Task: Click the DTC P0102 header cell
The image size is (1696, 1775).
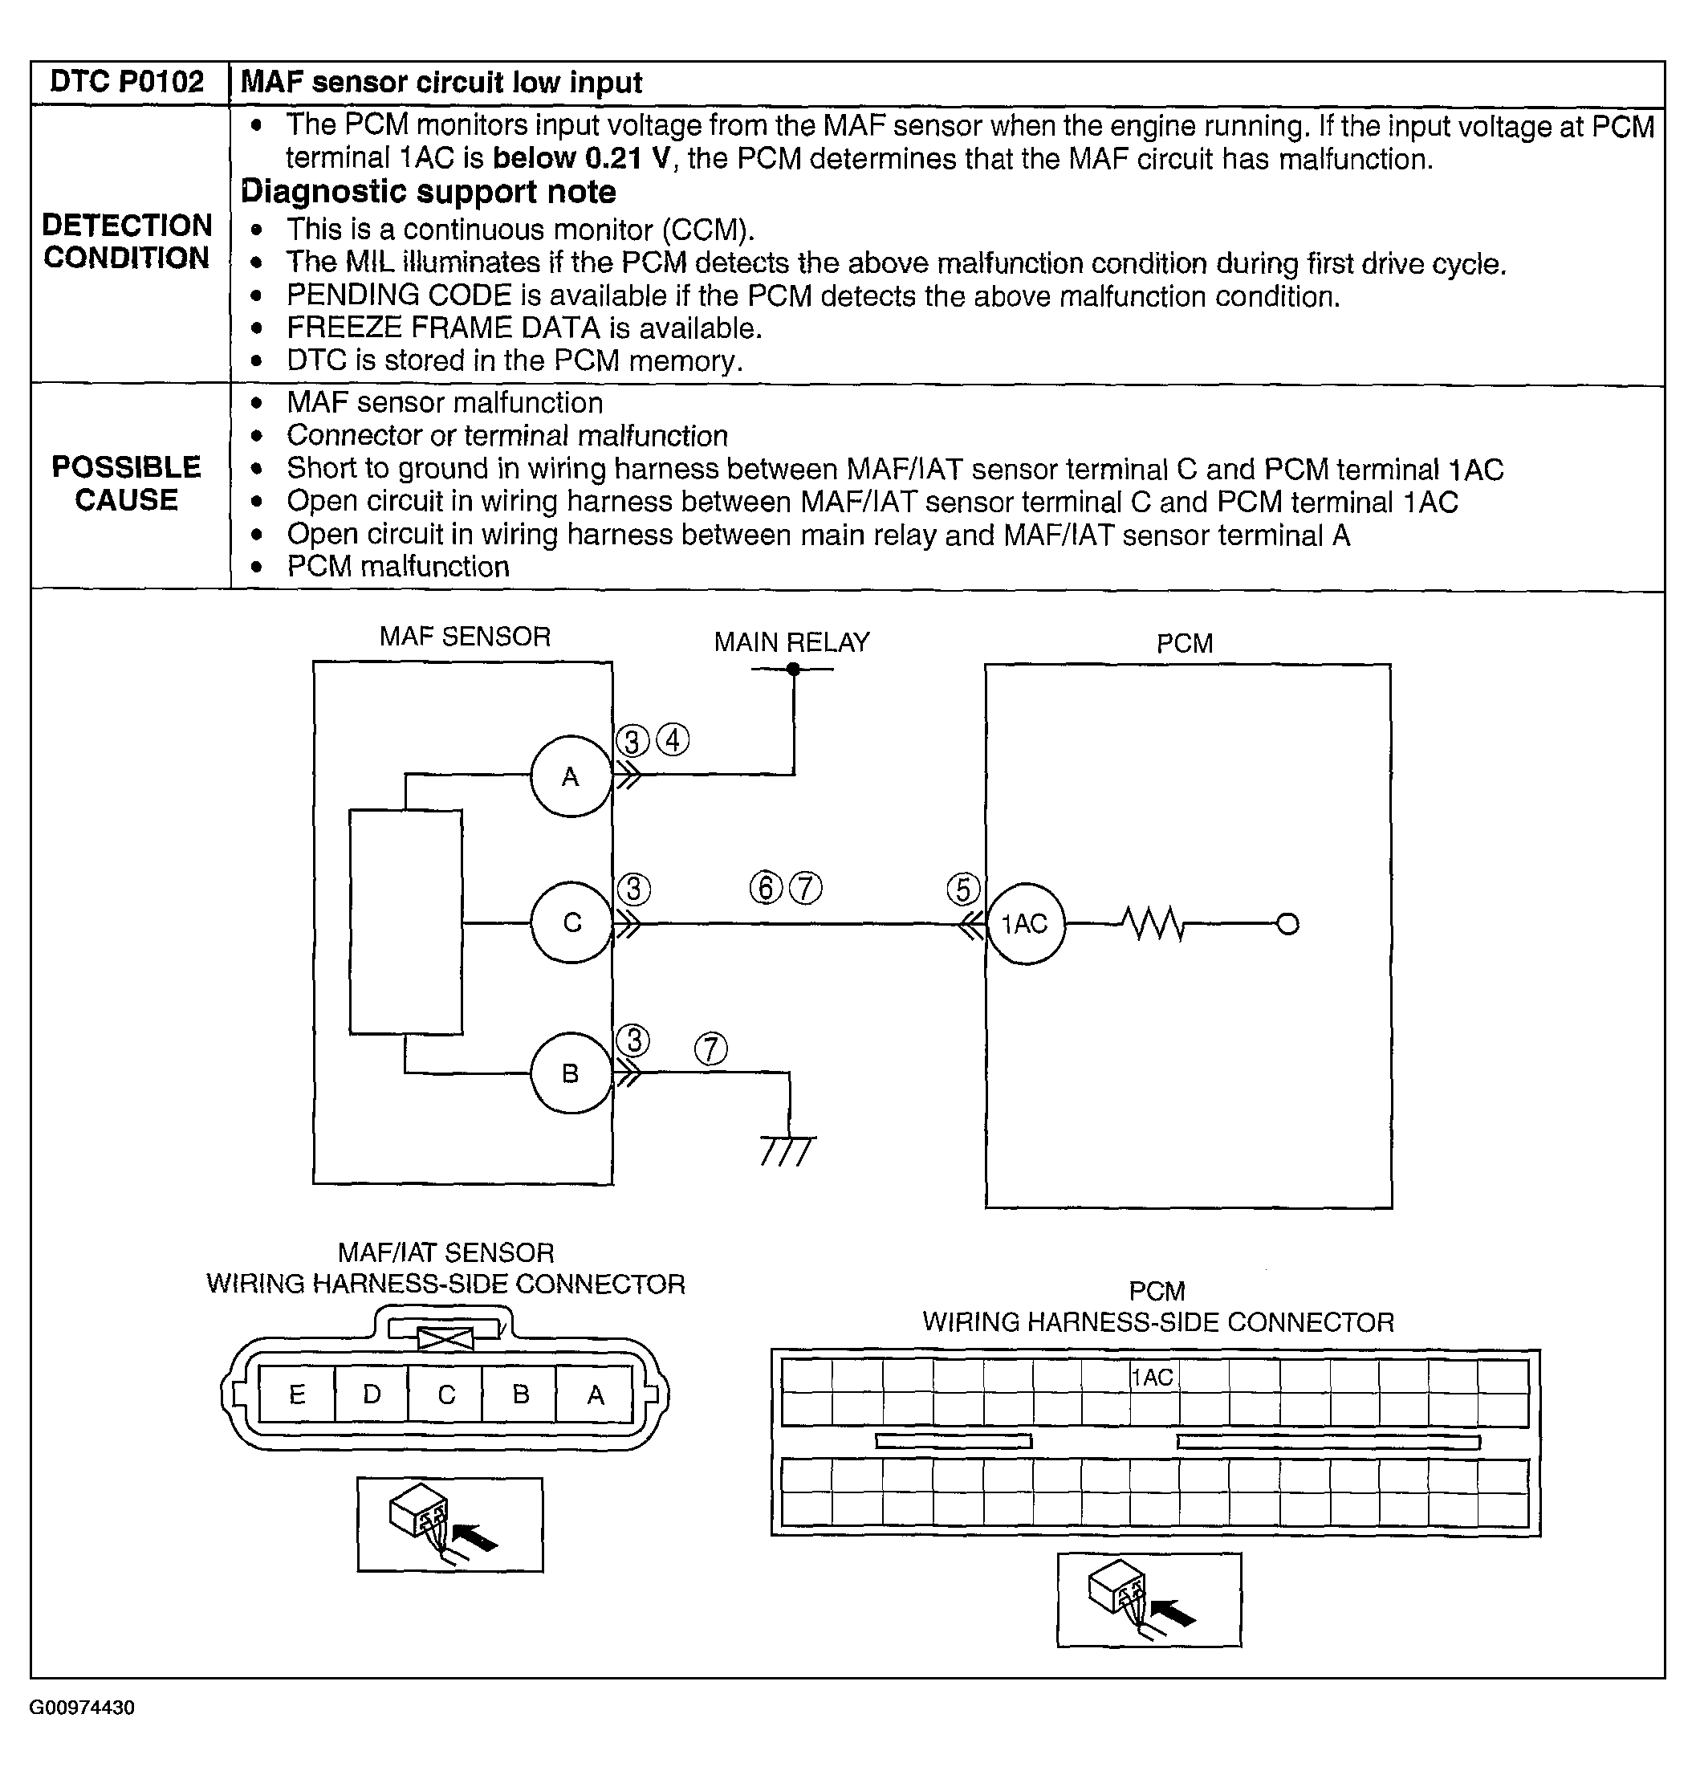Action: click(x=128, y=82)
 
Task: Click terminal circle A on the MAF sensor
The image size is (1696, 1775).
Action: click(x=571, y=776)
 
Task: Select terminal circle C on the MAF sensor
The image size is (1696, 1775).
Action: click(x=571, y=922)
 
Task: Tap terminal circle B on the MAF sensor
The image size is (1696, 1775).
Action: click(x=571, y=1073)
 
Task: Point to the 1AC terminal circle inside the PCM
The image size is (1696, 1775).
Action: click(x=1025, y=923)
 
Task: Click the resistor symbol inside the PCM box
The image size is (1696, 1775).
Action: click(x=1153, y=923)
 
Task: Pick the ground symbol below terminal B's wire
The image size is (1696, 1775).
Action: click(x=788, y=1150)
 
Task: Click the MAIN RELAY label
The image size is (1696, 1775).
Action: click(x=791, y=642)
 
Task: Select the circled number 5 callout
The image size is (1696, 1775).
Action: click(x=963, y=889)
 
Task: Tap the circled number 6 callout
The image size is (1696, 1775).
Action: click(x=766, y=888)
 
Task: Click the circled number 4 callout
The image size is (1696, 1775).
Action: click(x=672, y=739)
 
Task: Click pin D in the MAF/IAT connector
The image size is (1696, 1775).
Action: click(x=372, y=1394)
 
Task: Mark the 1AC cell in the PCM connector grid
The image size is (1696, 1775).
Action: click(x=1153, y=1377)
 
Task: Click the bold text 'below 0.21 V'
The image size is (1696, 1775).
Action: click(x=582, y=158)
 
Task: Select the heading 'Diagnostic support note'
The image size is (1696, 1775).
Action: click(x=428, y=192)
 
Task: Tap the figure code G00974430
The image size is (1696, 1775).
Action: click(x=82, y=1708)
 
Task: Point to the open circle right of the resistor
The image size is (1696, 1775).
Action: click(x=1288, y=923)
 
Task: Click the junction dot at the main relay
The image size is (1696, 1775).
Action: click(x=793, y=669)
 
